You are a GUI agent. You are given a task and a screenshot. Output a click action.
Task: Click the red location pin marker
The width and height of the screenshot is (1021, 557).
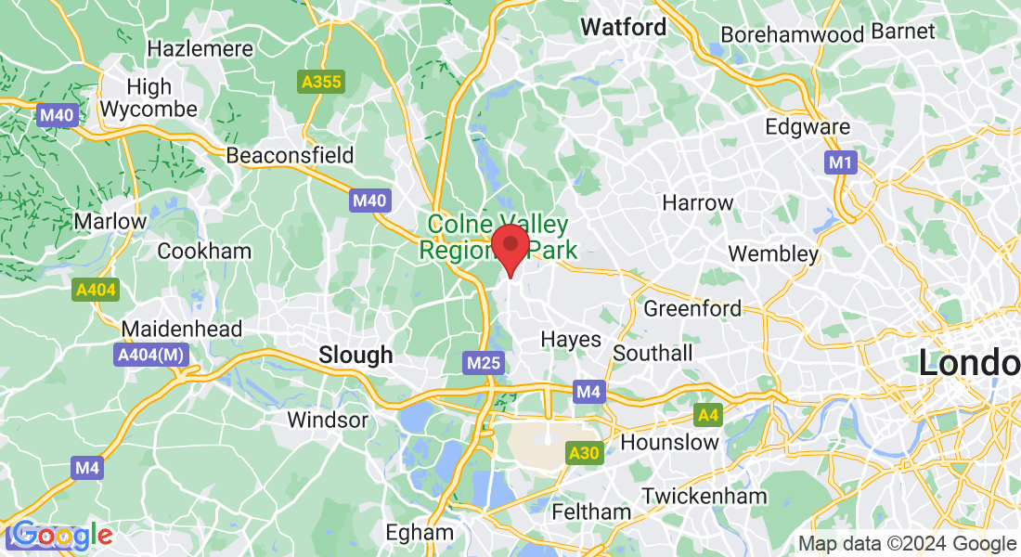click(510, 247)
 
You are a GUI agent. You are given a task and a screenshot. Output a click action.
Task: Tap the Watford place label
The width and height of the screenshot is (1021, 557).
click(624, 28)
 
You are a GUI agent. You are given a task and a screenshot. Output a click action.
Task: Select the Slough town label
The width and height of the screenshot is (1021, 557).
click(355, 355)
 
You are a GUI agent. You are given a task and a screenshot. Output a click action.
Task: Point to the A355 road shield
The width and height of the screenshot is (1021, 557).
click(321, 83)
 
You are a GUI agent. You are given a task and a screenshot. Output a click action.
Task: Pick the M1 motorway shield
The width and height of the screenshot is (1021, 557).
click(840, 163)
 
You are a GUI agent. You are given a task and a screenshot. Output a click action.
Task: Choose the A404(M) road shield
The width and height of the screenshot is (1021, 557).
click(151, 356)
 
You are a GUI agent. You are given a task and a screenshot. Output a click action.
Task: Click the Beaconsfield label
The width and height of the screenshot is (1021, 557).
click(291, 155)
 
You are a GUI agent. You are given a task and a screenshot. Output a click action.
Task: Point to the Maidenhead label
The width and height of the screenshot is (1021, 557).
click(182, 329)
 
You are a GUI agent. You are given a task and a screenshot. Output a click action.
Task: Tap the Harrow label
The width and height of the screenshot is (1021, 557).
click(697, 202)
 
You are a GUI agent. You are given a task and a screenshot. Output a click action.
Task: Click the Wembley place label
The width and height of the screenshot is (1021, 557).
click(773, 253)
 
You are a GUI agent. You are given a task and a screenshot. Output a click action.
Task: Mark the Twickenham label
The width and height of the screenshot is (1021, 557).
click(704, 496)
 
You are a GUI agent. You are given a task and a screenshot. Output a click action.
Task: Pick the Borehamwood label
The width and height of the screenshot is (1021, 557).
click(793, 32)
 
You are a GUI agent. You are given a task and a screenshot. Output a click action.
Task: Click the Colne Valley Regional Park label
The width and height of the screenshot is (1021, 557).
click(498, 237)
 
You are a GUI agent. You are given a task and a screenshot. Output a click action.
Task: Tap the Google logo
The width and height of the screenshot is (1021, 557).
click(60, 536)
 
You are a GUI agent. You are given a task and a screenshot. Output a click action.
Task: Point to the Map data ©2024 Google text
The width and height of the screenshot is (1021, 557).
click(908, 544)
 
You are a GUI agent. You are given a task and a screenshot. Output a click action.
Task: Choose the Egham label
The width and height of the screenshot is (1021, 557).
click(420, 533)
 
